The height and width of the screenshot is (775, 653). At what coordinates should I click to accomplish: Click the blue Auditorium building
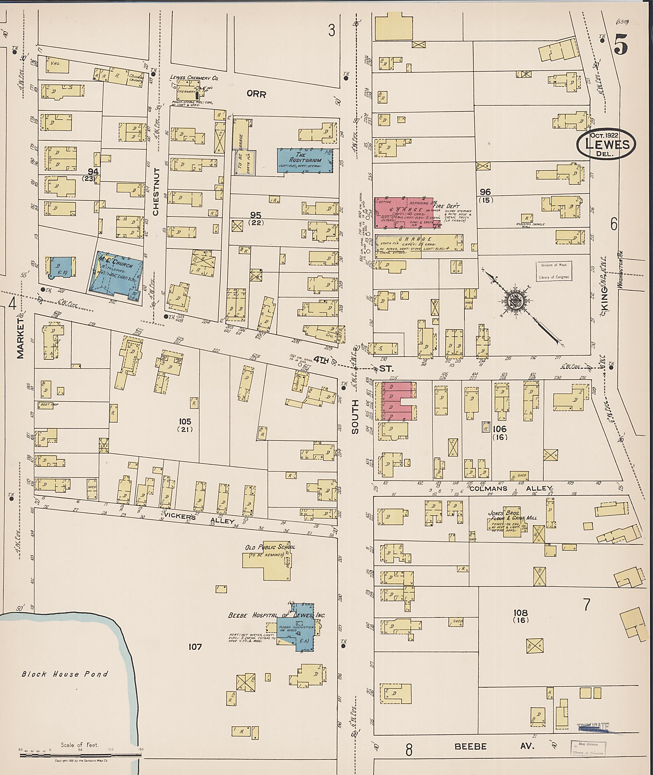coord(305,160)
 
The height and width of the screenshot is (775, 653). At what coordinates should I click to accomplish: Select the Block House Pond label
coord(64,674)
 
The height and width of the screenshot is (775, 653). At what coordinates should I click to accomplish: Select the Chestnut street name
coord(156,191)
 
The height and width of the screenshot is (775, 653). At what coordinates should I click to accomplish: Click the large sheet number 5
coord(621,46)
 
